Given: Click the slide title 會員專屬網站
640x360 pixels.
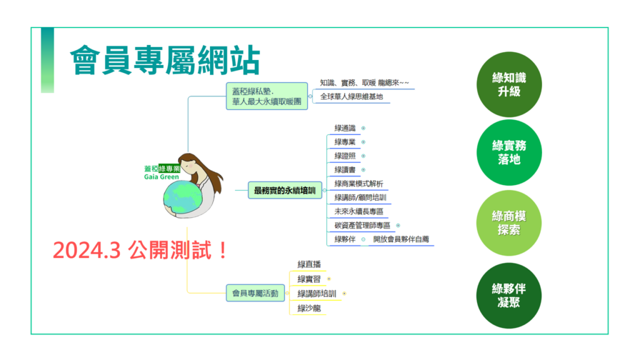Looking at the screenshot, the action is (x=165, y=61).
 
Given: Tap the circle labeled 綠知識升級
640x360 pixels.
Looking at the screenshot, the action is (x=509, y=84).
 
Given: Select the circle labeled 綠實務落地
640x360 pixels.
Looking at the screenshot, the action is (x=509, y=152).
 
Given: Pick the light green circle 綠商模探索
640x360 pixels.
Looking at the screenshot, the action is (x=509, y=223).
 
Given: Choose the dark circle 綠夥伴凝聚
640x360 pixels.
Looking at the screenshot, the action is (x=509, y=296).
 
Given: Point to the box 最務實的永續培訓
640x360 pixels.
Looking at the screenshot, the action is (x=285, y=190).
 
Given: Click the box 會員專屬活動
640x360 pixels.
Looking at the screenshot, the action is (x=255, y=293).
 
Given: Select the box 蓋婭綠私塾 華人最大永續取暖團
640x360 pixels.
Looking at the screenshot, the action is (x=267, y=96).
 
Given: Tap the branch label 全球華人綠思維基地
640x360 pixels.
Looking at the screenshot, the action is (x=351, y=97).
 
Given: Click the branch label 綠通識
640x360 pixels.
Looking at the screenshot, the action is (x=345, y=128).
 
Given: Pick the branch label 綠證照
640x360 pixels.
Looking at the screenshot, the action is (x=345, y=156).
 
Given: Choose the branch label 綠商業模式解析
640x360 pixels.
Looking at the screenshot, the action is (x=359, y=184).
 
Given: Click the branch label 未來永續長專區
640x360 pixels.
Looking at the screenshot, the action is (x=359, y=211).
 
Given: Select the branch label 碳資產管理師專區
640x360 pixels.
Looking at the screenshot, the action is (x=362, y=225).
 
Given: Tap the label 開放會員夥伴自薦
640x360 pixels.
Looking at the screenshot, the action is (x=401, y=239).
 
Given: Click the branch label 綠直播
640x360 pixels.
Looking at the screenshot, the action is (x=309, y=264).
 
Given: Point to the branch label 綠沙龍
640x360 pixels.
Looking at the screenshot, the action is (x=309, y=308).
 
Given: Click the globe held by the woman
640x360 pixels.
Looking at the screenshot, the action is (x=182, y=199).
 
